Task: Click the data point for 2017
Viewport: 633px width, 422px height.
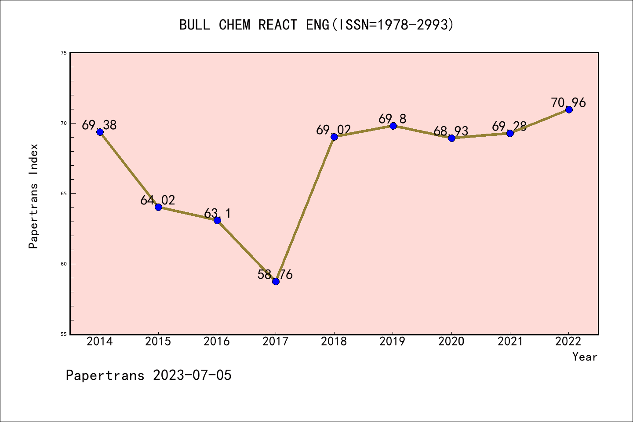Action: (x=276, y=281)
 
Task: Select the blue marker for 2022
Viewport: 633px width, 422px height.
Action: (x=569, y=109)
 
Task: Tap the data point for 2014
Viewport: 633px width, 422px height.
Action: (x=100, y=132)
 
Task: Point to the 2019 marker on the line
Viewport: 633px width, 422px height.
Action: (x=393, y=126)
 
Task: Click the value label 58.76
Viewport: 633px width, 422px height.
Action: (x=275, y=275)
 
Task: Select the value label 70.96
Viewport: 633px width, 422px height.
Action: (x=568, y=103)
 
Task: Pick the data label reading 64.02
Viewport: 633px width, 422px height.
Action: (x=158, y=200)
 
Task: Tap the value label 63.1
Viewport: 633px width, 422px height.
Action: (x=217, y=214)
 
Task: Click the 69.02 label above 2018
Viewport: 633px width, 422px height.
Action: (x=334, y=130)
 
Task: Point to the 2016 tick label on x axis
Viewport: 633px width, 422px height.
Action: (x=217, y=342)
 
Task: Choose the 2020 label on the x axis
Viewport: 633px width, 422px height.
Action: (x=451, y=342)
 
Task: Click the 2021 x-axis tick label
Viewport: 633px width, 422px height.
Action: (x=510, y=342)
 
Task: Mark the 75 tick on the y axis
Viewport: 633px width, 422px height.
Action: (x=64, y=53)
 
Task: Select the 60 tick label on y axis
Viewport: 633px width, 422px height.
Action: (x=64, y=264)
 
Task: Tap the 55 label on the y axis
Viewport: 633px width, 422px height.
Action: (x=64, y=334)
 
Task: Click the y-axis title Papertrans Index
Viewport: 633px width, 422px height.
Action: (x=34, y=196)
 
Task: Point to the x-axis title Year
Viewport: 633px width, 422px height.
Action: (x=585, y=357)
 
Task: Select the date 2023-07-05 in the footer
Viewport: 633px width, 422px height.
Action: (x=192, y=375)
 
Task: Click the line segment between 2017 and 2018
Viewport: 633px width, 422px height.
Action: (x=305, y=209)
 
